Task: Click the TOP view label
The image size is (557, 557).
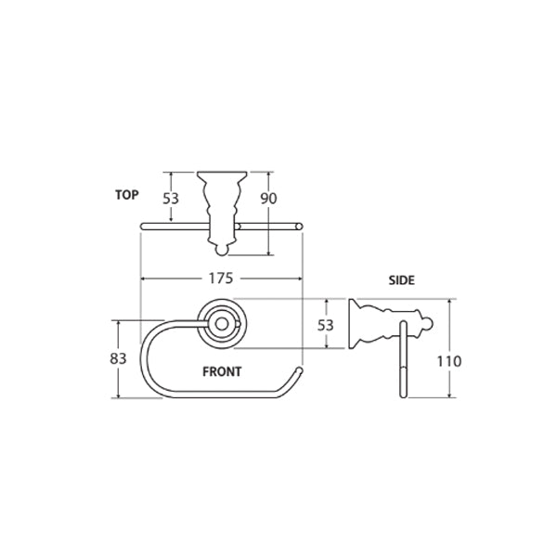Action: (126, 195)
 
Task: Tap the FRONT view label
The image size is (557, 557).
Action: (222, 370)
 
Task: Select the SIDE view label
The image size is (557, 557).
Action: (401, 278)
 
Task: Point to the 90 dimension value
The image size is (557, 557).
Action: (269, 199)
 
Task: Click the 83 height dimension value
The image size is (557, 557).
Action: (117, 358)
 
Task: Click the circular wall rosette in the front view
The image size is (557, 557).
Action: (221, 323)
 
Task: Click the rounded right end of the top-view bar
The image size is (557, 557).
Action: (298, 226)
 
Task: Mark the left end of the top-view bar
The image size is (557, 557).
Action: (142, 226)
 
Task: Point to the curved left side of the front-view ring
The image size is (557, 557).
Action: (143, 362)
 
